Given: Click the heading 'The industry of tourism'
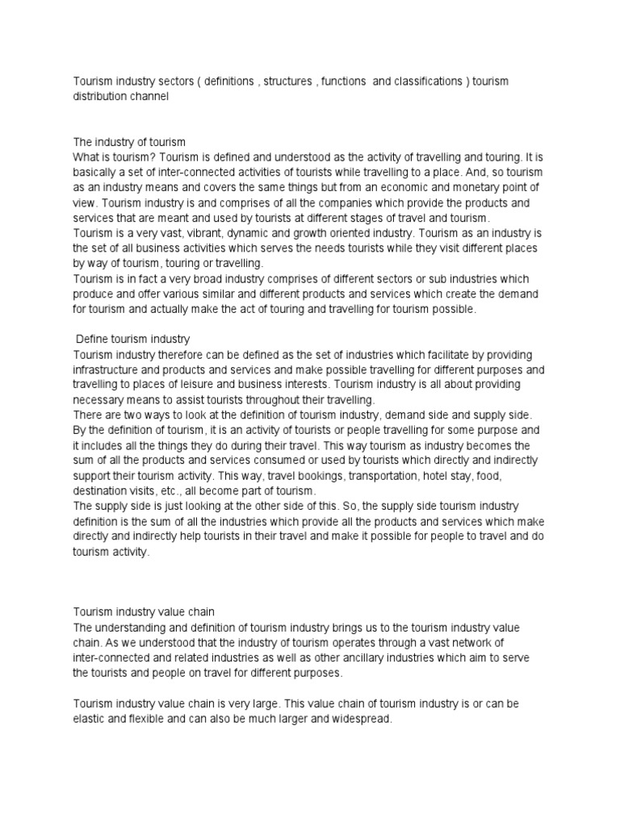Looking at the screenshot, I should (x=129, y=142).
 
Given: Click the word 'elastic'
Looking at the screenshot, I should (x=89, y=720).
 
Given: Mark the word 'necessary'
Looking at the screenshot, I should (x=101, y=398).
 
